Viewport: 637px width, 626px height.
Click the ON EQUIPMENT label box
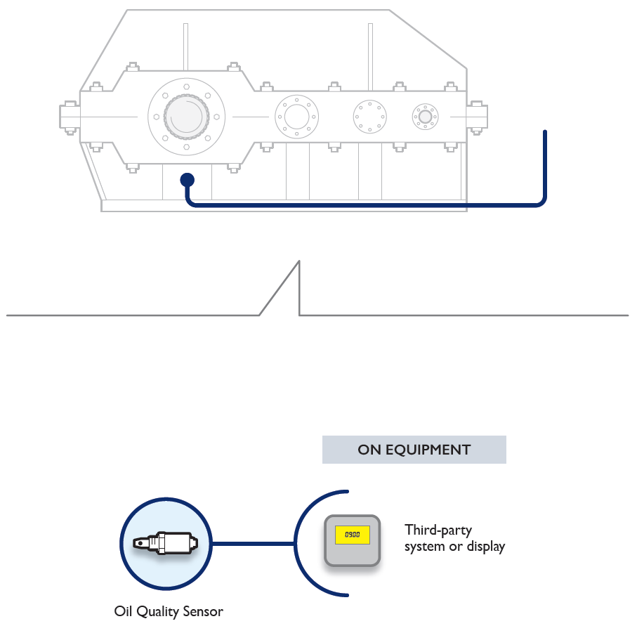pyautogui.click(x=414, y=450)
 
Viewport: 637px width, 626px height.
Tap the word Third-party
pyautogui.click(x=438, y=530)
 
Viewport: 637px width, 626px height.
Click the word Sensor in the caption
pyautogui.click(x=204, y=611)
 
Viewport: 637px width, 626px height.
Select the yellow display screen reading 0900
pyautogui.click(x=352, y=535)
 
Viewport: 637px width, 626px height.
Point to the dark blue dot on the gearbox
pyautogui.click(x=187, y=180)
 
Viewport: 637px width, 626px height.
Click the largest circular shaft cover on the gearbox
pyautogui.click(x=186, y=116)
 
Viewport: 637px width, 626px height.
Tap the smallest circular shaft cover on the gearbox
pyautogui.click(x=424, y=116)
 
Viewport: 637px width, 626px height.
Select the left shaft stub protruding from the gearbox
pyautogui.click(x=70, y=116)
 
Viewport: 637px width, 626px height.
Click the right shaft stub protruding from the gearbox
pyautogui.click(x=478, y=116)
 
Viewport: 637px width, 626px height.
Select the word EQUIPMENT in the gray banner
pyautogui.click(x=428, y=450)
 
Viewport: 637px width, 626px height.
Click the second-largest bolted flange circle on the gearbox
pyautogui.click(x=296, y=116)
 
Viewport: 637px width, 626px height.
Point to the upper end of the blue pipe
pyautogui.click(x=545, y=133)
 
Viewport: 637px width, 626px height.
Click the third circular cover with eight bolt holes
pyautogui.click(x=369, y=116)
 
